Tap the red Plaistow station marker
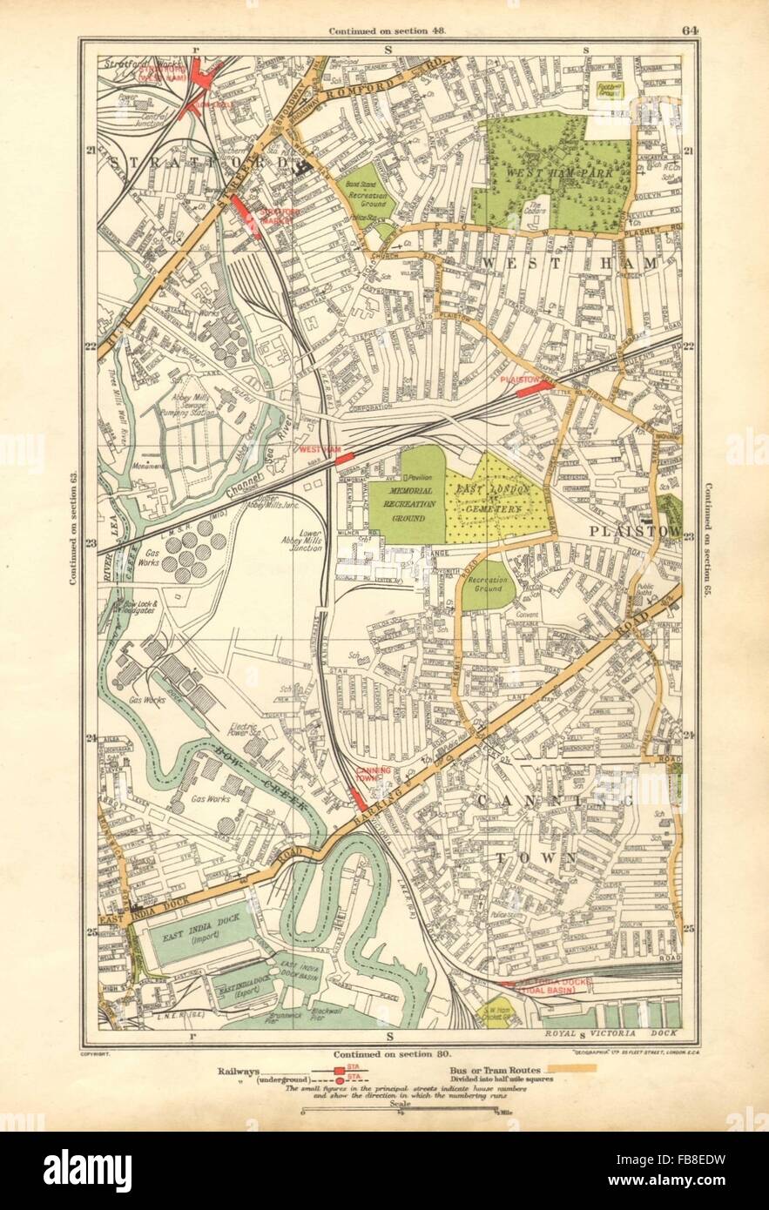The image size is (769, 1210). pyautogui.click(x=533, y=389)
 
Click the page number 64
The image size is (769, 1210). pyautogui.click(x=690, y=30)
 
